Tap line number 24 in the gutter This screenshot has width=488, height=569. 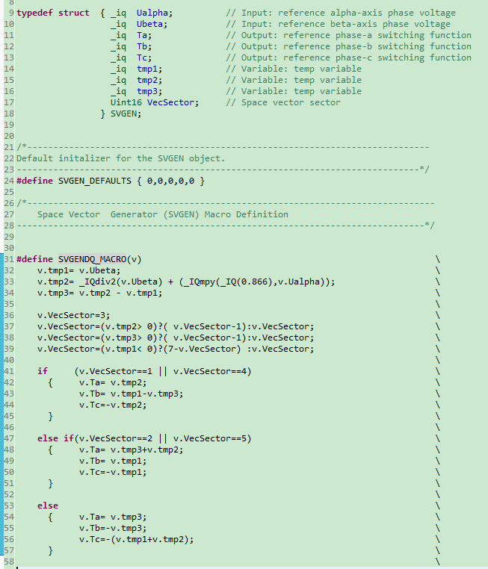point(8,181)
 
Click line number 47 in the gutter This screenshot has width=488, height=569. point(8,438)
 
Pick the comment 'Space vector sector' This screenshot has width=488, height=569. point(291,102)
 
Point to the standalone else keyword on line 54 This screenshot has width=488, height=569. point(48,506)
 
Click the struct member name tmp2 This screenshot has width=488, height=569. point(149,80)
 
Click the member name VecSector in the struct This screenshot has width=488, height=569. point(173,102)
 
